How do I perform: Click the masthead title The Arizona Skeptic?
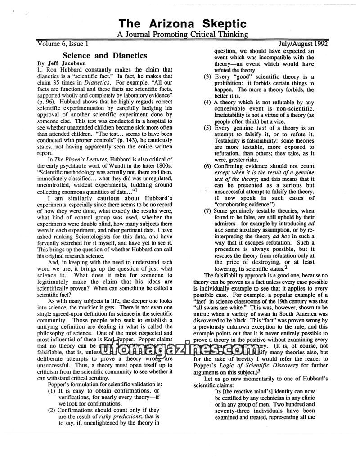click(x=182, y=24)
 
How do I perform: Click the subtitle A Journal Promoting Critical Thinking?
click(x=182, y=34)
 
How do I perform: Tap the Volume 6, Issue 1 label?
click(x=63, y=44)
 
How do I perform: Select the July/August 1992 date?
click(x=303, y=44)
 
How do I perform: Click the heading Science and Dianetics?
click(x=104, y=55)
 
